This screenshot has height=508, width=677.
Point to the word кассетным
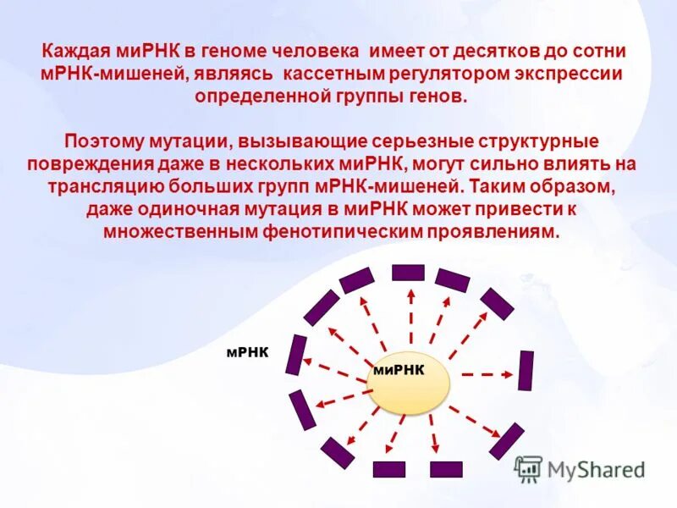coord(329,74)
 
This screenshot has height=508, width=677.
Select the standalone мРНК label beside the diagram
coord(247,352)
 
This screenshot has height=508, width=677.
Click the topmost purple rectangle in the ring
coord(408,272)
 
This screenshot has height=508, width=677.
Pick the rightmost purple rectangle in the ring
coord(526,370)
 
